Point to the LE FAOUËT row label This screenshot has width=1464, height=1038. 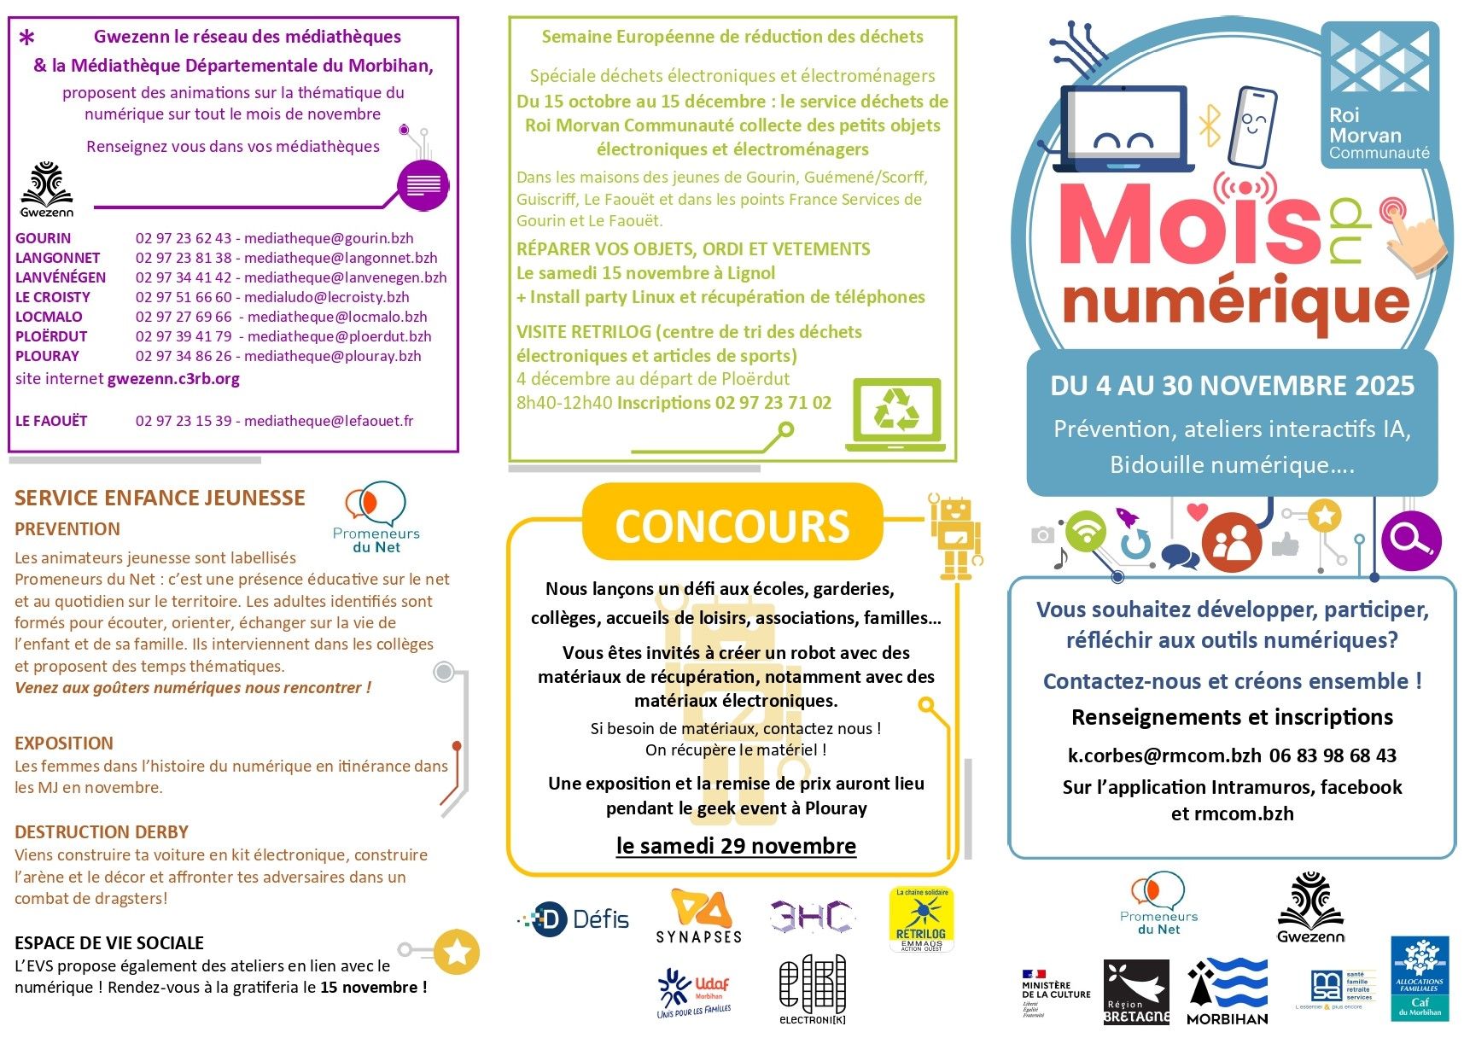tap(51, 421)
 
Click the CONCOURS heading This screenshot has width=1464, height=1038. tap(732, 526)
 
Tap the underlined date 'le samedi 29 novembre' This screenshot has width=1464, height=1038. tap(736, 846)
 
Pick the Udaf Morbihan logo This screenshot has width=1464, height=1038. tap(694, 994)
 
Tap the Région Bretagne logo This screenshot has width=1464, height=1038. tap(1136, 992)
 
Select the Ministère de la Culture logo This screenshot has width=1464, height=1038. tap(1056, 994)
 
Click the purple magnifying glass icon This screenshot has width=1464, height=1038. tap(1410, 539)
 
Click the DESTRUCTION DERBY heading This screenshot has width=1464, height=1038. tap(102, 832)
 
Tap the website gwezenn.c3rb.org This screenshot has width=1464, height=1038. tap(173, 379)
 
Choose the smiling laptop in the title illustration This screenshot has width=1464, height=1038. tap(1123, 130)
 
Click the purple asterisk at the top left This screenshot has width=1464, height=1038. tap(27, 38)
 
